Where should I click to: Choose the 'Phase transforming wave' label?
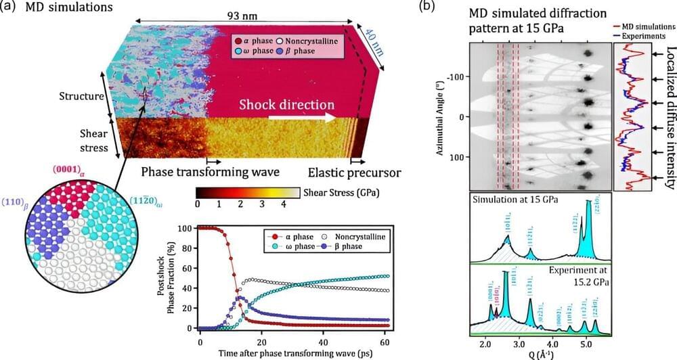pos(210,172)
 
